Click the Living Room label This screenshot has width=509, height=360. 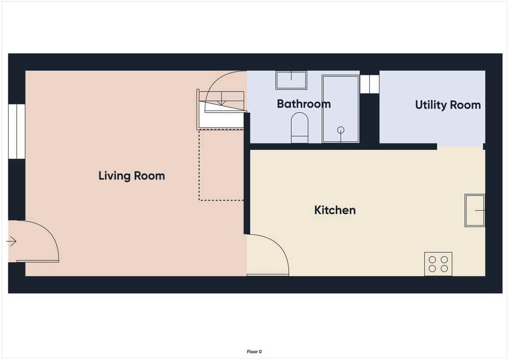coord(131,176)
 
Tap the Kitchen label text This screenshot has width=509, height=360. coord(335,210)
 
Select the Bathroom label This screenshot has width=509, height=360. coord(304,104)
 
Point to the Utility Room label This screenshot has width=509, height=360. coord(447,105)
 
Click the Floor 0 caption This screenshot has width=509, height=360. coord(255,352)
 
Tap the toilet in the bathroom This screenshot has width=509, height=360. coord(299,128)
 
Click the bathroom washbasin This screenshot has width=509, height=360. coord(291,80)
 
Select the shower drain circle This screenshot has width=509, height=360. coord(341,130)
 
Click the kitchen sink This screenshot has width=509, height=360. coord(475,210)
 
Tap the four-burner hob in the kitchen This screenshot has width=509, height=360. coord(438,264)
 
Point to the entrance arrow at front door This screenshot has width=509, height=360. coord(11,242)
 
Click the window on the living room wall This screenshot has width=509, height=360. coord(17,131)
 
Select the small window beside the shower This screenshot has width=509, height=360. coord(369,84)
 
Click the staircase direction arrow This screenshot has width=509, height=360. coord(221,102)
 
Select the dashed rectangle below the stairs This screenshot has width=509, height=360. coord(221,165)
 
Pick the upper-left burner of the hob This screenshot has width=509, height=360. coord(432,260)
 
